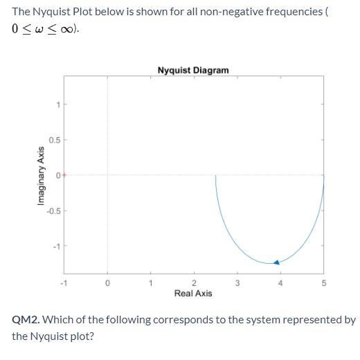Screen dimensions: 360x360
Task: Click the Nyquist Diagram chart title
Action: coord(192,70)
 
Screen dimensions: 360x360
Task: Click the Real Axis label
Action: coord(193,294)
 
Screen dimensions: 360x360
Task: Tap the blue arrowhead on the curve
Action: coord(276,262)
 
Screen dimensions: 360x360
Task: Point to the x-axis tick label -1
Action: coord(63,282)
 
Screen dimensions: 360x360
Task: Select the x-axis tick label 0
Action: coord(107,282)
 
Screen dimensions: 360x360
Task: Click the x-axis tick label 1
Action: coord(150,282)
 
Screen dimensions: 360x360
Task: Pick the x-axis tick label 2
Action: coord(194,282)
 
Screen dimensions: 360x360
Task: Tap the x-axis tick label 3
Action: coord(237,282)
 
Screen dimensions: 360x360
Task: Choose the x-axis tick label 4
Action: coord(280,282)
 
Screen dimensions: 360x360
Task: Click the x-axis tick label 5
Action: coord(323,282)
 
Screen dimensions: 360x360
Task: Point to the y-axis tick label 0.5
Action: coord(54,140)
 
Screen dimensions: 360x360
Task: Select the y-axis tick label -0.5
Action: coord(53,210)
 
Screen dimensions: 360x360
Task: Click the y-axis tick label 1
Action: coord(57,105)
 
